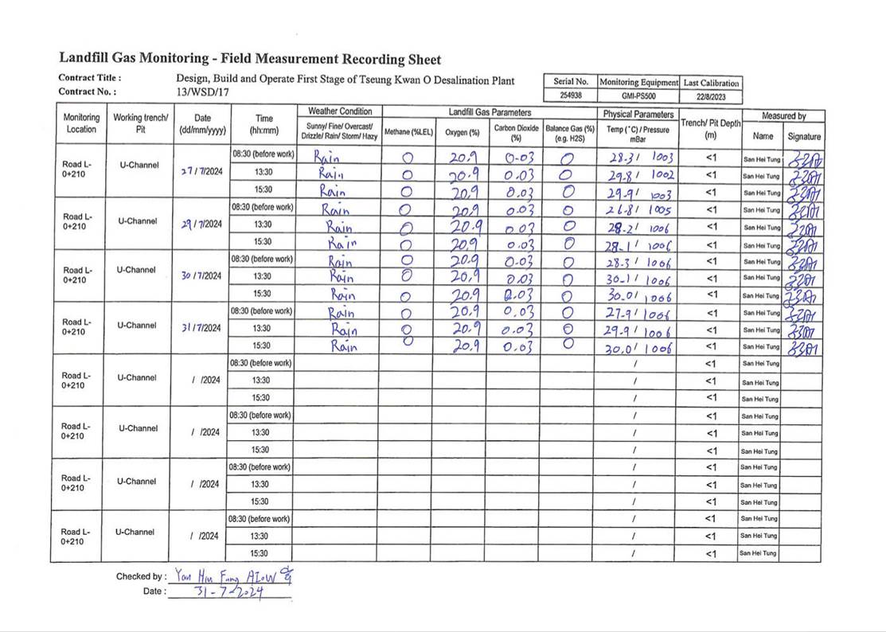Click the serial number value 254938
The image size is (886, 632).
pyautogui.click(x=571, y=96)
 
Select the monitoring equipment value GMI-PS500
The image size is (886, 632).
pyautogui.click(x=638, y=96)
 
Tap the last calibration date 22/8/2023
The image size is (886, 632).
pyautogui.click(x=711, y=96)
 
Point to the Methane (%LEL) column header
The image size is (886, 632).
pyautogui.click(x=408, y=132)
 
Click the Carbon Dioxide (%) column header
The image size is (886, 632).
pyautogui.click(x=516, y=132)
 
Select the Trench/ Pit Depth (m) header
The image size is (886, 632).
pyautogui.click(x=711, y=129)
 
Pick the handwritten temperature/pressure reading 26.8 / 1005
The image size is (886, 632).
pyautogui.click(x=638, y=210)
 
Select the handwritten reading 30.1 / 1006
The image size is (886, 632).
pyautogui.click(x=638, y=280)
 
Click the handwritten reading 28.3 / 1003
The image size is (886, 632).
pyautogui.click(x=638, y=158)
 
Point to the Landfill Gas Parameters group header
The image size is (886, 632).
pyautogui.click(x=490, y=113)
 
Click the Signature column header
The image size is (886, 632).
pyautogui.click(x=803, y=136)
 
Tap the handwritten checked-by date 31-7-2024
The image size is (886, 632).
pyautogui.click(x=229, y=592)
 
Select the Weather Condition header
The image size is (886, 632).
pyautogui.click(x=339, y=111)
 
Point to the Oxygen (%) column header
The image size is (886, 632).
pyautogui.click(x=463, y=132)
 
